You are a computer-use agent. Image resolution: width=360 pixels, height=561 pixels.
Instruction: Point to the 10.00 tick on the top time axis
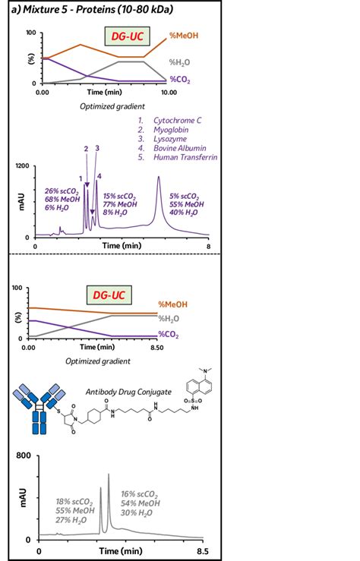169,92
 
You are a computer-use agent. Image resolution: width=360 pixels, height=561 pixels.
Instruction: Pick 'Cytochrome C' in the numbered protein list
179,121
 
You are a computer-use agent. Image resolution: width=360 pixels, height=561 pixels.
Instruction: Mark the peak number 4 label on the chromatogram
99,176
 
